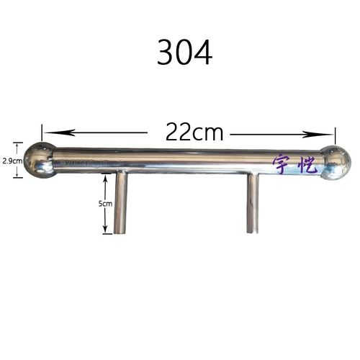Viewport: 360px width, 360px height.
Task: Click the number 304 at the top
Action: coord(184,53)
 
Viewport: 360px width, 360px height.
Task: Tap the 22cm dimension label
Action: coord(194,132)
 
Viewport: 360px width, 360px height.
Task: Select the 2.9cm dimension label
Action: coord(12,161)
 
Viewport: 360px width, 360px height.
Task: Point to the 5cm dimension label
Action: coord(105,204)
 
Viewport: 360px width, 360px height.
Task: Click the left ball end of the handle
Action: coord(40,160)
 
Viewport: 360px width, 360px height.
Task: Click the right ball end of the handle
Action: coord(336,163)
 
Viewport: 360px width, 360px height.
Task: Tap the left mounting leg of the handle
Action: coord(120,202)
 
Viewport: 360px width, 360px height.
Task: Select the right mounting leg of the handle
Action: coord(253,204)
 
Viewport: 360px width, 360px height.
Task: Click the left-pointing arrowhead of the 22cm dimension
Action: coord(60,132)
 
